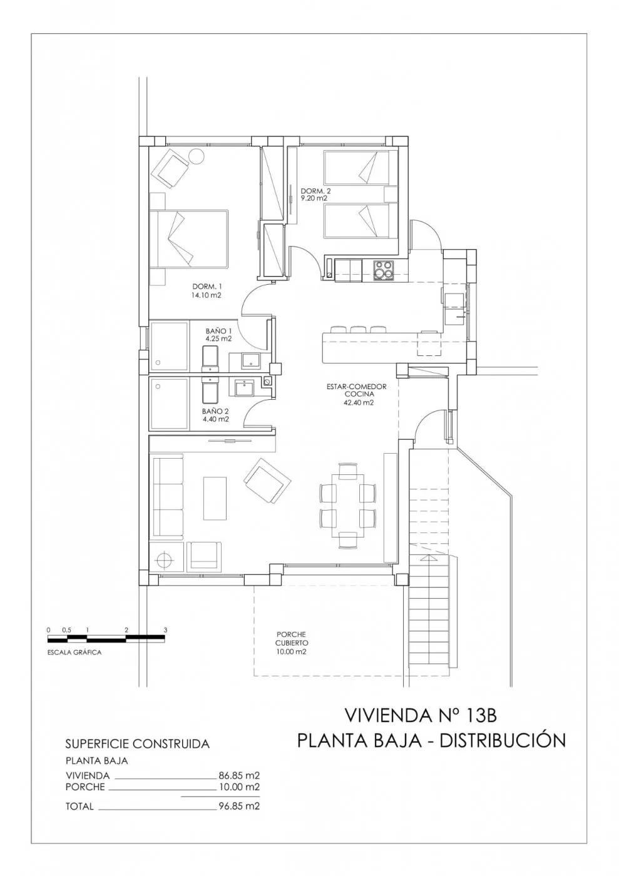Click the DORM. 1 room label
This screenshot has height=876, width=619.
point(207,292)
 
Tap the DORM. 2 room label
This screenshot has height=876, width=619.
point(314,195)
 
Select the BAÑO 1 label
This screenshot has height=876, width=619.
point(219,335)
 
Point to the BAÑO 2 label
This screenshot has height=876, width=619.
point(215,415)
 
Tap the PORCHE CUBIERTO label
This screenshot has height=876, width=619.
point(292,643)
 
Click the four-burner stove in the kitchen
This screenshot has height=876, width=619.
point(383,270)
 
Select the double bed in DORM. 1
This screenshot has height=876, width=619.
point(188,238)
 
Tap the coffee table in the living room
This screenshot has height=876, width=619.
point(215,498)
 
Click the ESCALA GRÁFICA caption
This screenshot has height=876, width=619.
point(74,652)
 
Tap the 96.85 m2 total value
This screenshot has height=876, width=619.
point(238,807)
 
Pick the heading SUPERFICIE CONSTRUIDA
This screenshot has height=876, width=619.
point(137,744)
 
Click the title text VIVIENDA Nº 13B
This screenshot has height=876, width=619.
point(421,715)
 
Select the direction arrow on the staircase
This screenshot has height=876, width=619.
point(428,556)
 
